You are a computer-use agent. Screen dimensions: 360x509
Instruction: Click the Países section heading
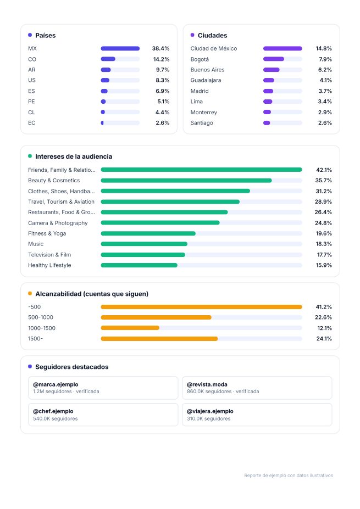tap(46, 35)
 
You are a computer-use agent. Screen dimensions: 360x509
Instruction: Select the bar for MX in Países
tap(120, 48)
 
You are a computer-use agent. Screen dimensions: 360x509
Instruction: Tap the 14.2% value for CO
tap(161, 59)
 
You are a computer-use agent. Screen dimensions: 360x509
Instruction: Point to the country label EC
tap(31, 122)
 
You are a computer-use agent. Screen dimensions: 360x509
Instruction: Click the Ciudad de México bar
tap(283, 48)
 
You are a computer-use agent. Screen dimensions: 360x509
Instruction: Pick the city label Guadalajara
tap(206, 80)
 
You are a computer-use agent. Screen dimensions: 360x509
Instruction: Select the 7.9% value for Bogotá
tap(325, 59)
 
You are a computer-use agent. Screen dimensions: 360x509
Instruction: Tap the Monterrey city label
tap(204, 113)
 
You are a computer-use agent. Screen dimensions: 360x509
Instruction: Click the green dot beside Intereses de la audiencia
tap(30, 156)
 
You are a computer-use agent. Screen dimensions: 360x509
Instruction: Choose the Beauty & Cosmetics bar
tap(186, 181)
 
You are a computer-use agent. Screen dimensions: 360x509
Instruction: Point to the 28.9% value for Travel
tap(323, 202)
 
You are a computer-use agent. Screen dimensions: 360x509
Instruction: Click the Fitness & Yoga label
tap(47, 233)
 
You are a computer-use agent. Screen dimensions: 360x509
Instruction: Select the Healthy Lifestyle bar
tap(139, 265)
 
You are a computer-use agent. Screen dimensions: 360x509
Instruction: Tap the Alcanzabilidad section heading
tap(92, 294)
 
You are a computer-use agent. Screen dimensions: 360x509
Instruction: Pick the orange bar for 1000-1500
tap(130, 328)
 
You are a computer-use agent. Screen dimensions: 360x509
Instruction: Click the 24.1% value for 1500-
tap(324, 339)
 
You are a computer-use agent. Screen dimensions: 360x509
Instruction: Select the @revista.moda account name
tap(207, 384)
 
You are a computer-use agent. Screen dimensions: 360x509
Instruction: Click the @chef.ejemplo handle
tap(53, 411)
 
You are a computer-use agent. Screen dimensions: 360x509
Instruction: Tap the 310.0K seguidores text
tap(209, 419)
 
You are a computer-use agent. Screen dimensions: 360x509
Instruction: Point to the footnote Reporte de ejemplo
tap(289, 476)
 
